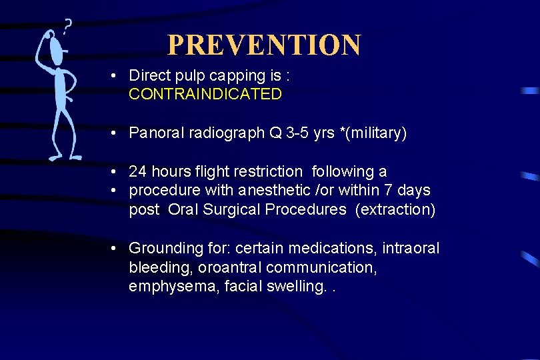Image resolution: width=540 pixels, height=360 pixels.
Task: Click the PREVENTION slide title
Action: pos(263,45)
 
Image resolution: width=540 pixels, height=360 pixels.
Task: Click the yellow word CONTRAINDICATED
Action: pos(205,95)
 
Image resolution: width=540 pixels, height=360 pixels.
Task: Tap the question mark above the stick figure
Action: pos(67,27)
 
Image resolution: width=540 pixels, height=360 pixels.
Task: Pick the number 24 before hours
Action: pos(138,172)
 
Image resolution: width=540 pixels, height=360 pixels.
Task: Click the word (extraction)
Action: pos(395,209)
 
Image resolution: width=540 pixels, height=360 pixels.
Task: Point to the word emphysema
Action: pos(169,286)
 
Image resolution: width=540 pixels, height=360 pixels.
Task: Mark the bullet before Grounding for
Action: pos(115,249)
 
